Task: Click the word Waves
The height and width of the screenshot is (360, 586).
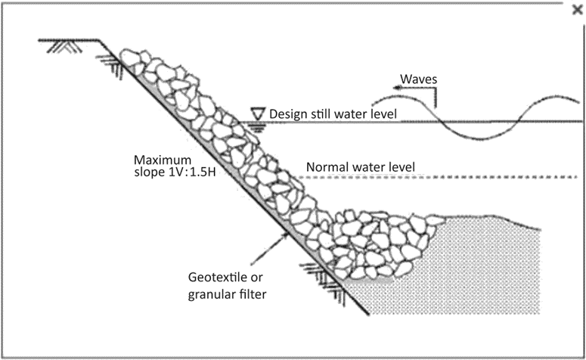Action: point(418,79)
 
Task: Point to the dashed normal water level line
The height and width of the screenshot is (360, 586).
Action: point(454,178)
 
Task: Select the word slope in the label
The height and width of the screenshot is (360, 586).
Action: point(149,172)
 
